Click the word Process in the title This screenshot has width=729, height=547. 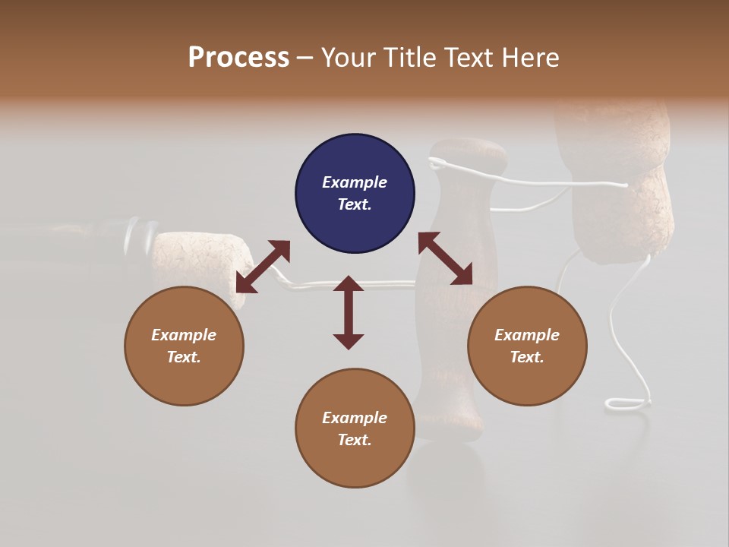pos(238,58)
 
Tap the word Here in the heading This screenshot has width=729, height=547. pos(529,58)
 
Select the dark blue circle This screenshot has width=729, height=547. pos(355,194)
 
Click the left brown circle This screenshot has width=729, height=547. pos(184,346)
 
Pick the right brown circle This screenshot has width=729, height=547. pos(527,346)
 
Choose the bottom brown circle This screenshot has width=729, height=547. pos(355,428)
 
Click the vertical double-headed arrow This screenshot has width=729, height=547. pos(349,312)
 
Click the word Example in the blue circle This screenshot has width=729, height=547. pos(355,182)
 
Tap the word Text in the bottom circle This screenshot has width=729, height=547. pos(353,440)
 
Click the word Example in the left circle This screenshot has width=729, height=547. pos(184,335)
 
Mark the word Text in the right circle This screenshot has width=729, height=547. pos(525,357)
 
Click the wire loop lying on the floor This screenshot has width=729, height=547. pos(627,403)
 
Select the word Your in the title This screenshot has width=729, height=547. pos(345,58)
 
